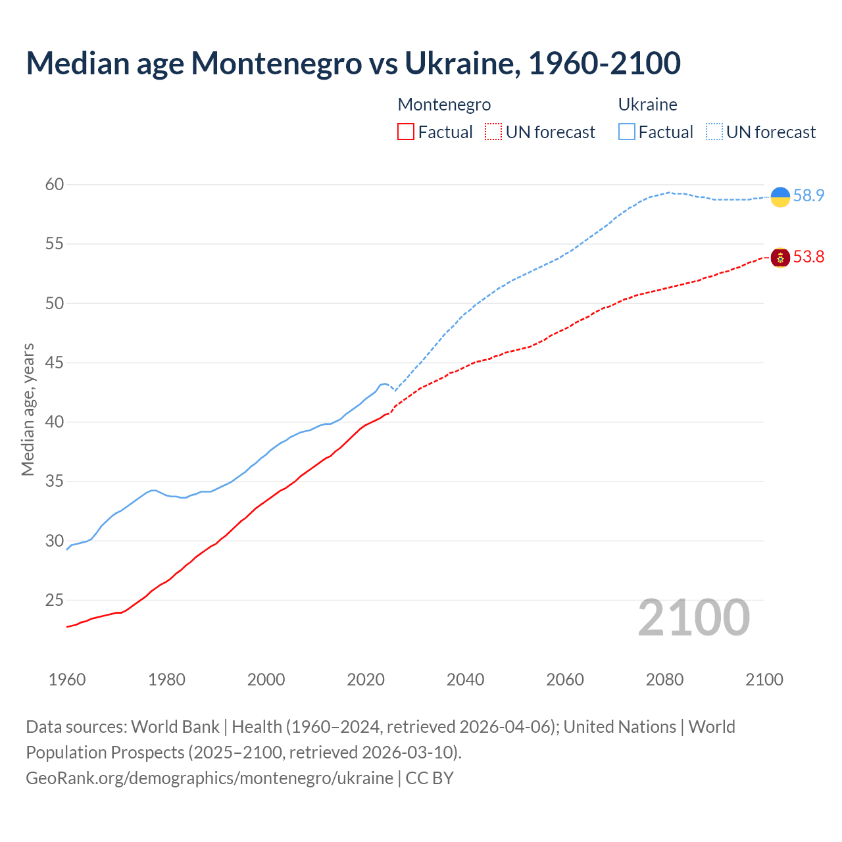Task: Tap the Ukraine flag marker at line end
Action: [x=780, y=197]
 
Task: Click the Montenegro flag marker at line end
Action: [x=780, y=257]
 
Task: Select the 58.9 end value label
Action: [x=808, y=196]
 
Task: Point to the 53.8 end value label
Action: [x=808, y=257]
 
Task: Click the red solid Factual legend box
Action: [x=406, y=132]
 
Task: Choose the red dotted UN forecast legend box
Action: [x=493, y=132]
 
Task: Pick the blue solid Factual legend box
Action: [x=627, y=132]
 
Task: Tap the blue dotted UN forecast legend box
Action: [x=714, y=132]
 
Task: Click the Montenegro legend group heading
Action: [x=444, y=105]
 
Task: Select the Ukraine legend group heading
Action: [x=647, y=105]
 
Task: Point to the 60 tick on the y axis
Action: [x=55, y=185]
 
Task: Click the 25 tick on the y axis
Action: [x=55, y=601]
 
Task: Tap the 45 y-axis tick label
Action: [x=55, y=363]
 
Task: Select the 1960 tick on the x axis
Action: [x=67, y=680]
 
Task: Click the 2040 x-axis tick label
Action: [x=465, y=680]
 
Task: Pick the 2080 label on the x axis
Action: [x=664, y=680]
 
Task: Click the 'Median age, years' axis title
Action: [x=28, y=409]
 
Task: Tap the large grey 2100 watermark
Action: [x=693, y=618]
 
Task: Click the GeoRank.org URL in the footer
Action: [x=209, y=778]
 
